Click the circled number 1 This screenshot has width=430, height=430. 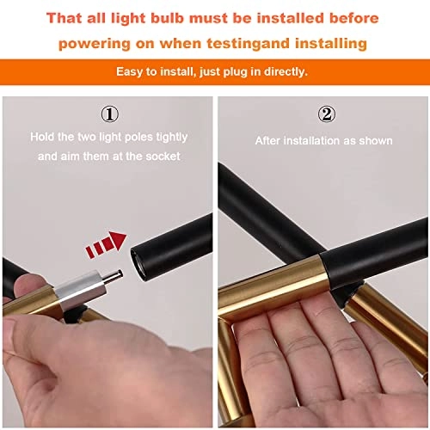[x=110, y=114]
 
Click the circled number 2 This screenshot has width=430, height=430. [x=327, y=114]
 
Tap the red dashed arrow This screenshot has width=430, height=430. [x=106, y=244]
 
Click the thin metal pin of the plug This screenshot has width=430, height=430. [x=114, y=277]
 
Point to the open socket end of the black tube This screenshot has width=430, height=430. [x=138, y=263]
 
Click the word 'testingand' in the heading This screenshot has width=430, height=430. [x=249, y=44]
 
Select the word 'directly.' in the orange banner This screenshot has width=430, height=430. [x=286, y=71]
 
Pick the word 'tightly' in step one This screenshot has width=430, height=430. [x=172, y=138]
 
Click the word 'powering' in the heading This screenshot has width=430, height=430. [x=95, y=45]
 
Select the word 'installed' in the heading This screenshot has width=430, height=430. [x=291, y=18]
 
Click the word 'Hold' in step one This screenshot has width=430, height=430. [x=42, y=137]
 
